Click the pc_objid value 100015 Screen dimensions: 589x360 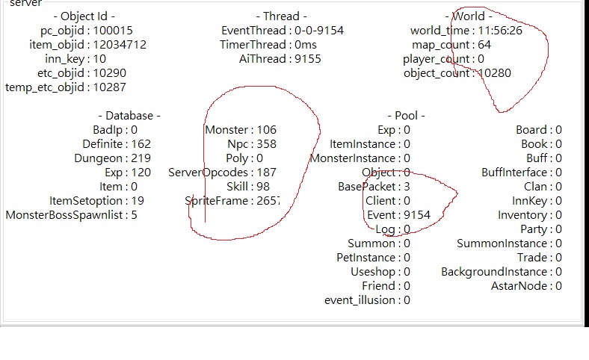click(x=113, y=31)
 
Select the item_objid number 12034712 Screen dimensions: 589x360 click(x=120, y=45)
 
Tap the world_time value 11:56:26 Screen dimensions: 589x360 click(x=500, y=31)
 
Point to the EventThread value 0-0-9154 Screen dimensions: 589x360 click(x=319, y=31)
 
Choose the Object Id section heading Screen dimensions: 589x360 click(x=84, y=16)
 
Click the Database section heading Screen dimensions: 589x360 click(x=129, y=116)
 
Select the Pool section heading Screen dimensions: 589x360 click(x=407, y=116)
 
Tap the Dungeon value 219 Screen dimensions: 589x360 click(x=141, y=158)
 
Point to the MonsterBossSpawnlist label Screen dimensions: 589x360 click(x=64, y=215)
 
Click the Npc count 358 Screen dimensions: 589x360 click(x=267, y=144)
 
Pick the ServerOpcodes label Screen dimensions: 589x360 click(x=208, y=173)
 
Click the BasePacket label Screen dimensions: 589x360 click(x=366, y=187)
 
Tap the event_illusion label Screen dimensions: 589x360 click(x=360, y=300)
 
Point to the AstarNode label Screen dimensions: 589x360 click(x=519, y=286)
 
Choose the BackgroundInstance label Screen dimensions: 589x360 click(x=494, y=272)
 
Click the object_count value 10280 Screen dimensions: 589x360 click(x=495, y=73)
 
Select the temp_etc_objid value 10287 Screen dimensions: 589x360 click(x=109, y=87)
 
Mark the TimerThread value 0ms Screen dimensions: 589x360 click(x=306, y=45)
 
